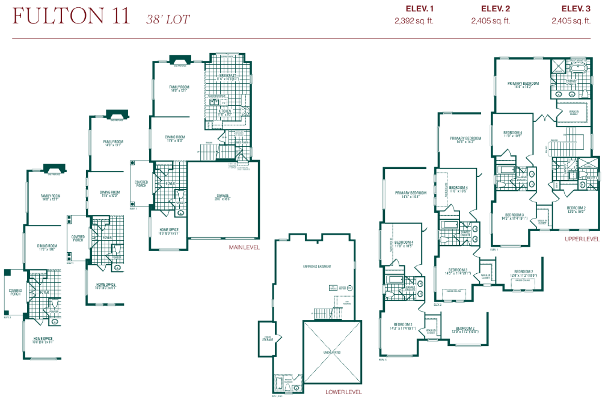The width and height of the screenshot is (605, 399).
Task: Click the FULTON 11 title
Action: click(x=71, y=16)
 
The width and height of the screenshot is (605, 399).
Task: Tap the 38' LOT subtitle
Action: click(x=168, y=19)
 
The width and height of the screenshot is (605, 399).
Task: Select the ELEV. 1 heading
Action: click(x=414, y=8)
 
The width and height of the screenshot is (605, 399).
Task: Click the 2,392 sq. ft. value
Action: click(x=414, y=20)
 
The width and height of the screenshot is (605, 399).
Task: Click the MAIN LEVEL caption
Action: click(x=244, y=247)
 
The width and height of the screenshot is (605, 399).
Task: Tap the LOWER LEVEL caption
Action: click(x=343, y=392)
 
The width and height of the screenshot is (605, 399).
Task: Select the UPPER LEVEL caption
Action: click(x=582, y=239)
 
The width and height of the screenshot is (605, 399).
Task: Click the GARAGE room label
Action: click(x=223, y=196)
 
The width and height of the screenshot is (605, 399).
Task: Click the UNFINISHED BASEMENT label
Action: click(x=317, y=266)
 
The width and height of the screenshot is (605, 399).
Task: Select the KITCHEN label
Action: click(x=225, y=111)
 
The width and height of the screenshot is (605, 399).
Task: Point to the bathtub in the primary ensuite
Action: click(x=577, y=67)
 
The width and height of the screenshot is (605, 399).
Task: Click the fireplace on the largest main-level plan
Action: click(x=180, y=59)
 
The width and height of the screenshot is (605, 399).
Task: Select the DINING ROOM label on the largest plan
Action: click(x=175, y=137)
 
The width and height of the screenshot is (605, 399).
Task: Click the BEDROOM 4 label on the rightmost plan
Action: click(x=512, y=133)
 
